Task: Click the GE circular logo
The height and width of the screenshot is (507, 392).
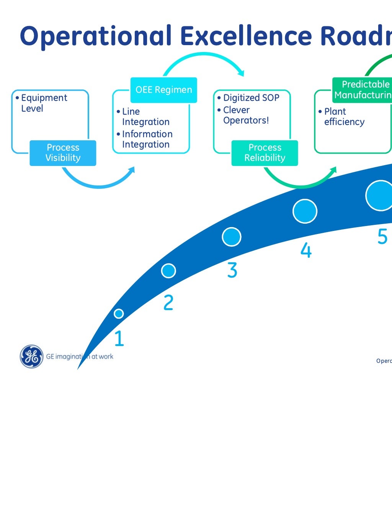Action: (x=31, y=356)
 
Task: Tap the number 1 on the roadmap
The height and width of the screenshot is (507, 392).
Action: (x=119, y=338)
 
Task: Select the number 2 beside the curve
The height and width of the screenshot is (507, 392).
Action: (x=168, y=302)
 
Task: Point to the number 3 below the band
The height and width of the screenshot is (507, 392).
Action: (x=232, y=270)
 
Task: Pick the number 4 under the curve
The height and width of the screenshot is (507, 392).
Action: (x=306, y=250)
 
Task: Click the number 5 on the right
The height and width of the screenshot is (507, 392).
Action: (x=382, y=237)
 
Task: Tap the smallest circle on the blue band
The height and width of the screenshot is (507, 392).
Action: (x=119, y=314)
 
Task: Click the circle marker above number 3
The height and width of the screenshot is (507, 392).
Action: (x=232, y=237)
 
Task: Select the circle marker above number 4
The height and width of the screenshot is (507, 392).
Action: (x=305, y=211)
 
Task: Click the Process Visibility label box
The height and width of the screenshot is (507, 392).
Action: (x=63, y=153)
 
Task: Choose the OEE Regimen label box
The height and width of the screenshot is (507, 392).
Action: (x=163, y=90)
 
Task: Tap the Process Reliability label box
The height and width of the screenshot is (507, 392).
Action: (x=265, y=153)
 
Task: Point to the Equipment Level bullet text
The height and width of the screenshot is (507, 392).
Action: (x=42, y=103)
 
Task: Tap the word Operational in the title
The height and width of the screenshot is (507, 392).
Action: (x=96, y=36)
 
